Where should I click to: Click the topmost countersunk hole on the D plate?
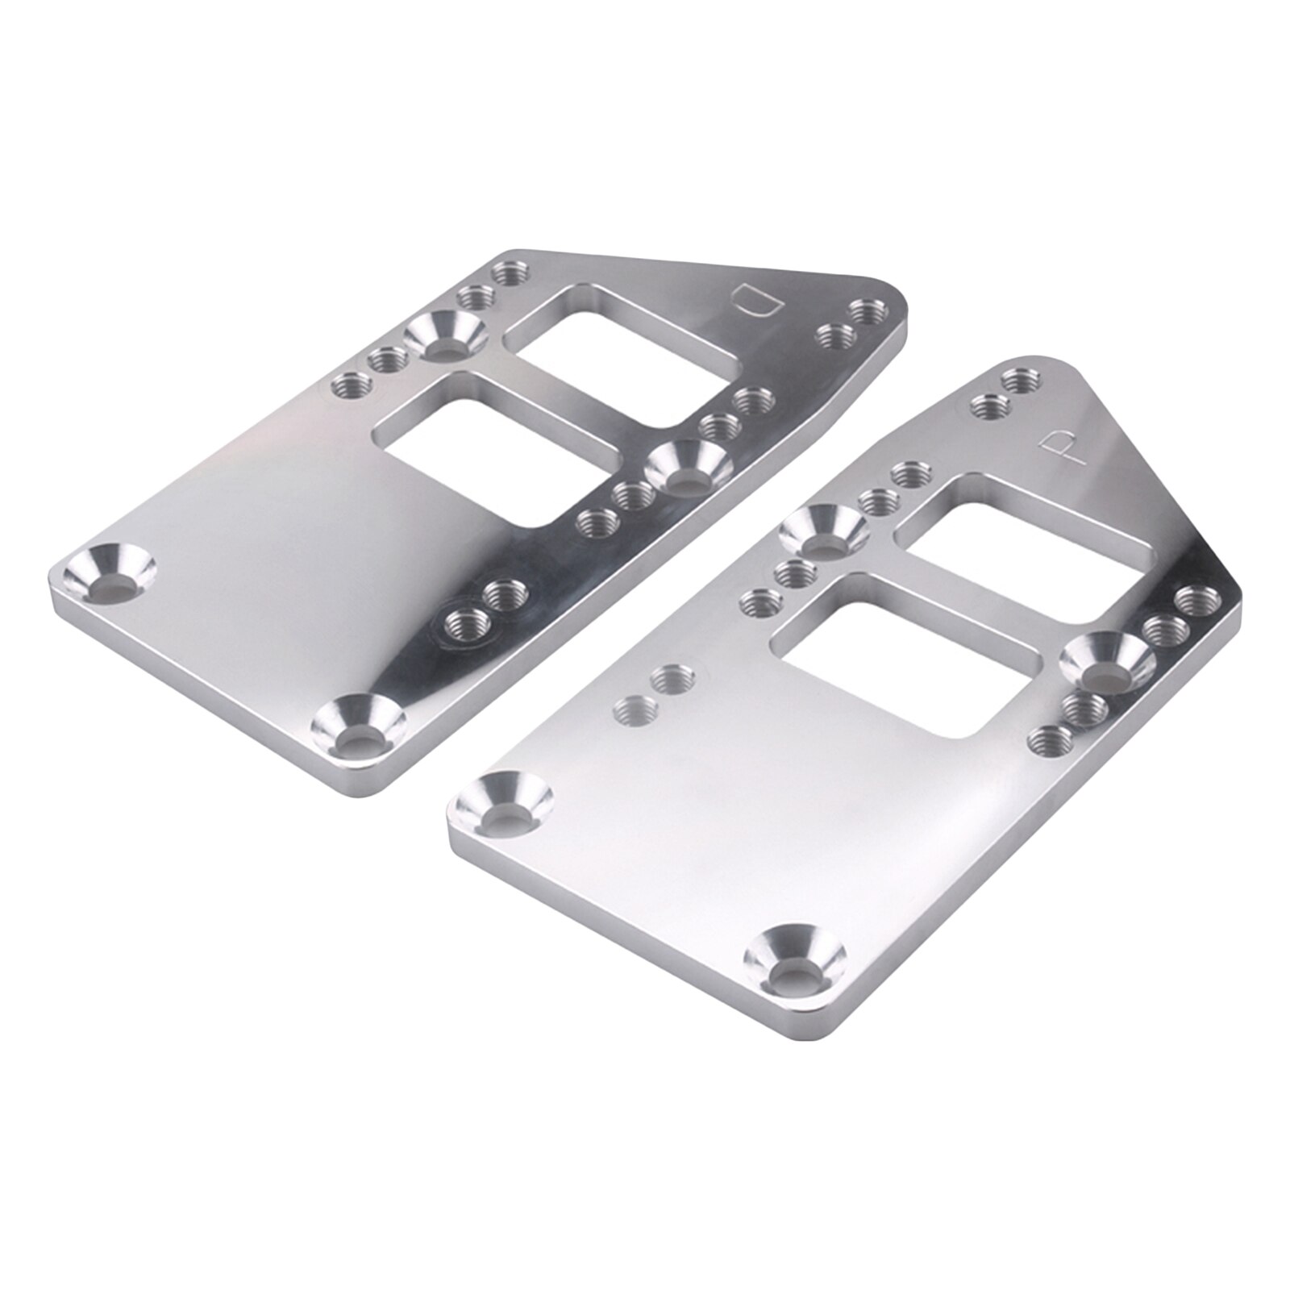[x=444, y=337]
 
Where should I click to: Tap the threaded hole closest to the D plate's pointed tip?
[x=867, y=311]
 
